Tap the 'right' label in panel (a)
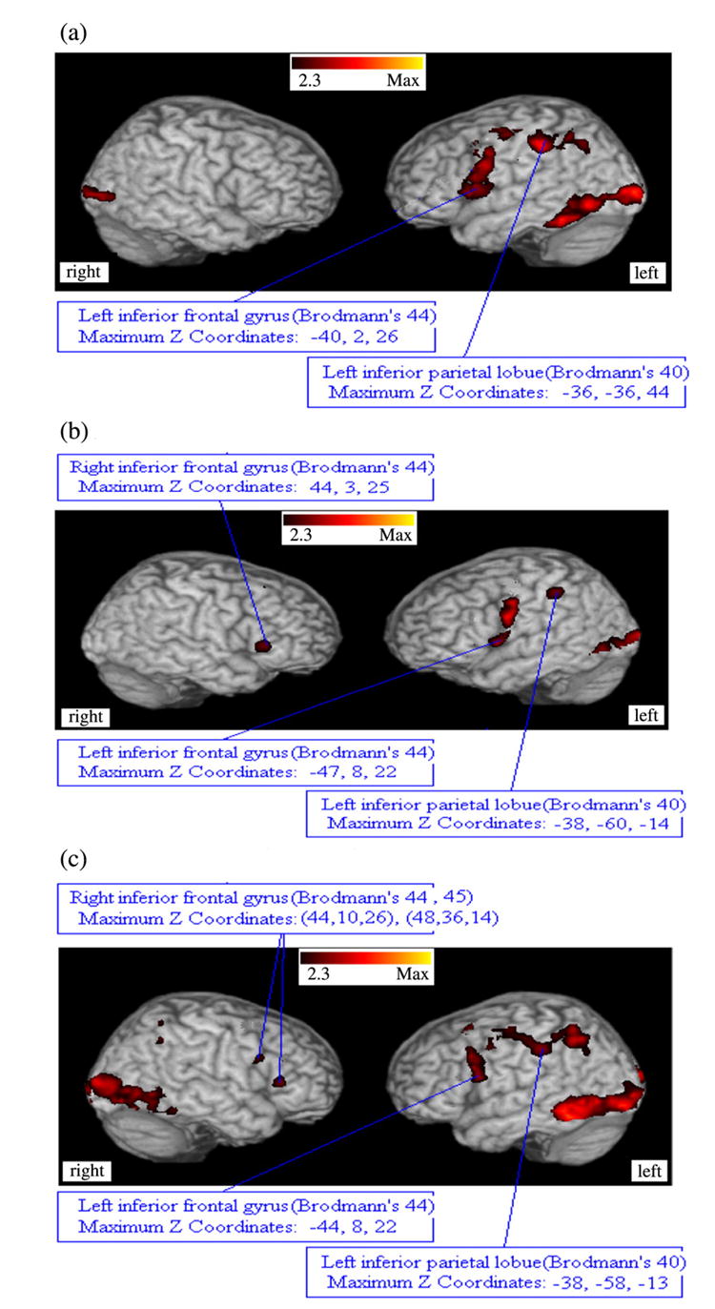click(x=83, y=273)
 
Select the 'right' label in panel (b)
click(x=83, y=716)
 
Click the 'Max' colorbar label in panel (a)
click(x=402, y=81)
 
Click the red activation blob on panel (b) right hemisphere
click(x=263, y=645)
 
